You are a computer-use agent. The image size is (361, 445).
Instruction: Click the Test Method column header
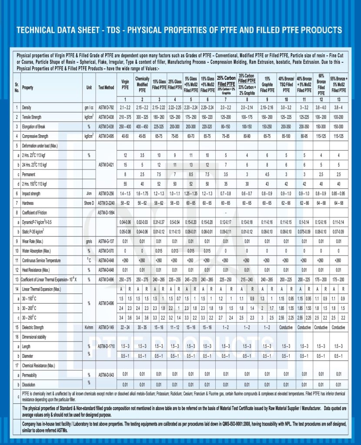[106, 87]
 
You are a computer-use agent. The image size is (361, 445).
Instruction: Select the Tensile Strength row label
[35, 117]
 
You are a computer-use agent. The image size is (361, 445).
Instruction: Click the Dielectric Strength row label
[36, 327]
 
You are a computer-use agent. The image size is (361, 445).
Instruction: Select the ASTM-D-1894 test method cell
[106, 213]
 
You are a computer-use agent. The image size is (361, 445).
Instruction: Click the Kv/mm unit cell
[89, 327]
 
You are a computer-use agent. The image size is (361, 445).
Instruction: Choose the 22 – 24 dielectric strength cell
[125, 327]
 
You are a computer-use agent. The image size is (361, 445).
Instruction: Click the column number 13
[338, 99]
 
